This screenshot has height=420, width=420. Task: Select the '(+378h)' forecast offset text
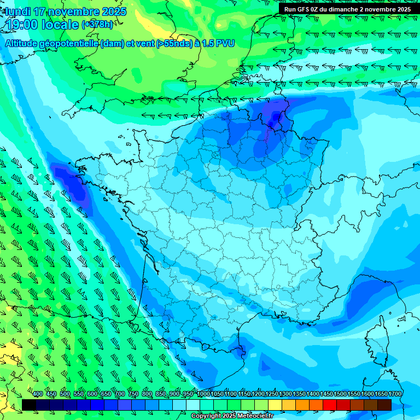pos(97,25)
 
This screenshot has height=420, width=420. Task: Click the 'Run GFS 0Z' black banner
pos(347,9)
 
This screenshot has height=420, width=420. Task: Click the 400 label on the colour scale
pos(38,394)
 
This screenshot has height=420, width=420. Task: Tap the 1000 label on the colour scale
pos(203,394)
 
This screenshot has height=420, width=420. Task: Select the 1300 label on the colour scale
pos(285,394)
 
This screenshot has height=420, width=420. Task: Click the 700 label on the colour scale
pos(120,394)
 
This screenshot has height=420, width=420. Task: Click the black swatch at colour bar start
pos(29,405)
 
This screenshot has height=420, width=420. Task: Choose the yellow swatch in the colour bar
pos(275,405)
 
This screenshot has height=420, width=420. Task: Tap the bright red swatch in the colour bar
pos(330,405)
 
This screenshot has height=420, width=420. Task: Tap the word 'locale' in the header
pos(61,25)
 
